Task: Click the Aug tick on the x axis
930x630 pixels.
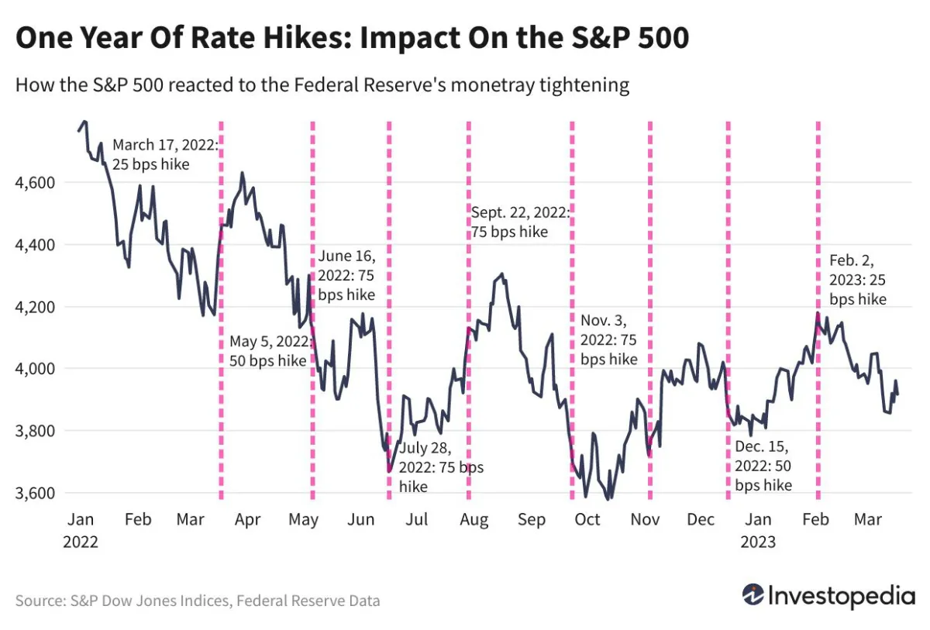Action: (x=473, y=519)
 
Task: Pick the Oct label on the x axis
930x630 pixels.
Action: (x=587, y=519)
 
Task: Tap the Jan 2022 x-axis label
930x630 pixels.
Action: (x=81, y=530)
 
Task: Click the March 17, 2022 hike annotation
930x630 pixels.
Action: (x=166, y=154)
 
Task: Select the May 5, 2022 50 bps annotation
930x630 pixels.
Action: (x=268, y=351)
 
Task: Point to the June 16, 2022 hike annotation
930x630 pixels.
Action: (x=347, y=275)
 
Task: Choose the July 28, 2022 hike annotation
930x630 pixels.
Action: (x=440, y=467)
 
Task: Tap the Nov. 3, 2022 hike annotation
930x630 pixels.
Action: (x=609, y=339)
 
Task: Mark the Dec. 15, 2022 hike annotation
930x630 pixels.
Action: (x=763, y=466)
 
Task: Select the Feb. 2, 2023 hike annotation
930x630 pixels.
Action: (x=857, y=279)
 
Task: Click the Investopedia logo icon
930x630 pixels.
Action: (x=753, y=595)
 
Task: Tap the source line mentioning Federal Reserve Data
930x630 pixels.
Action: (x=198, y=601)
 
